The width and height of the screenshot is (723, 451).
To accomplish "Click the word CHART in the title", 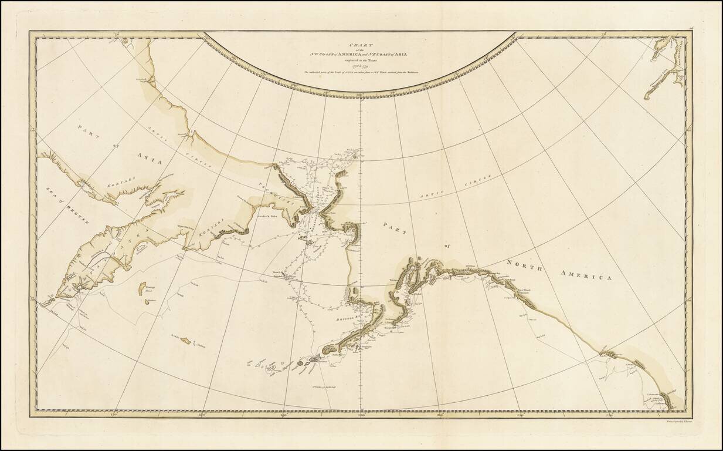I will pyautogui.click(x=360, y=43).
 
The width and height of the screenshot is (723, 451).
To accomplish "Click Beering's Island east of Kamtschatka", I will pyautogui.click(x=142, y=288).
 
